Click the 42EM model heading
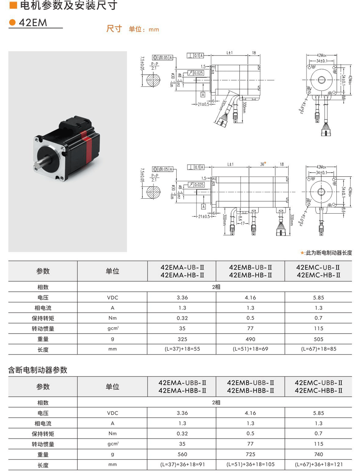coord(33,23)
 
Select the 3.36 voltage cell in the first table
coord(182,297)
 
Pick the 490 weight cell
coord(251,339)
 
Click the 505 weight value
coord(319,339)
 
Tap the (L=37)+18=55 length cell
coord(182,349)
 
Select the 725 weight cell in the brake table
coord(251,454)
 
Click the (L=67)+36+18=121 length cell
coord(319,465)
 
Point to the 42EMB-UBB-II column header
coord(251,383)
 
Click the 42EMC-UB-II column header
coord(319,267)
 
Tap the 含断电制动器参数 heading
coord(38,370)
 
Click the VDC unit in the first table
coord(112,297)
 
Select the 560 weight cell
coord(182,454)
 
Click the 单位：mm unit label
coord(144,29)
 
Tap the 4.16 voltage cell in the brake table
coord(251,413)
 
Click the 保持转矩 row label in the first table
coord(43,318)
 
